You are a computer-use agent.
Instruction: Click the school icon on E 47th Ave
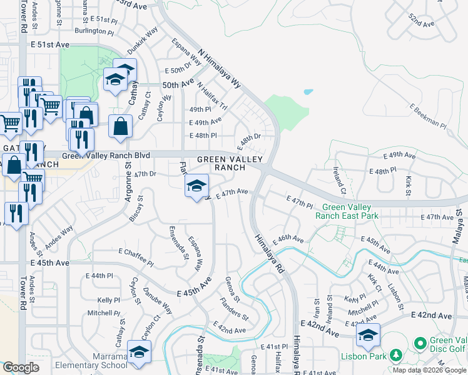point(197,185)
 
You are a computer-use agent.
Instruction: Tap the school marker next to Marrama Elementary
point(139,352)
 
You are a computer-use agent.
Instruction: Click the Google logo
point(21,367)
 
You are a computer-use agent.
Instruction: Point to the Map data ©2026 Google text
point(429,370)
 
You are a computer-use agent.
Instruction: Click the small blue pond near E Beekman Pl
point(308,92)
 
